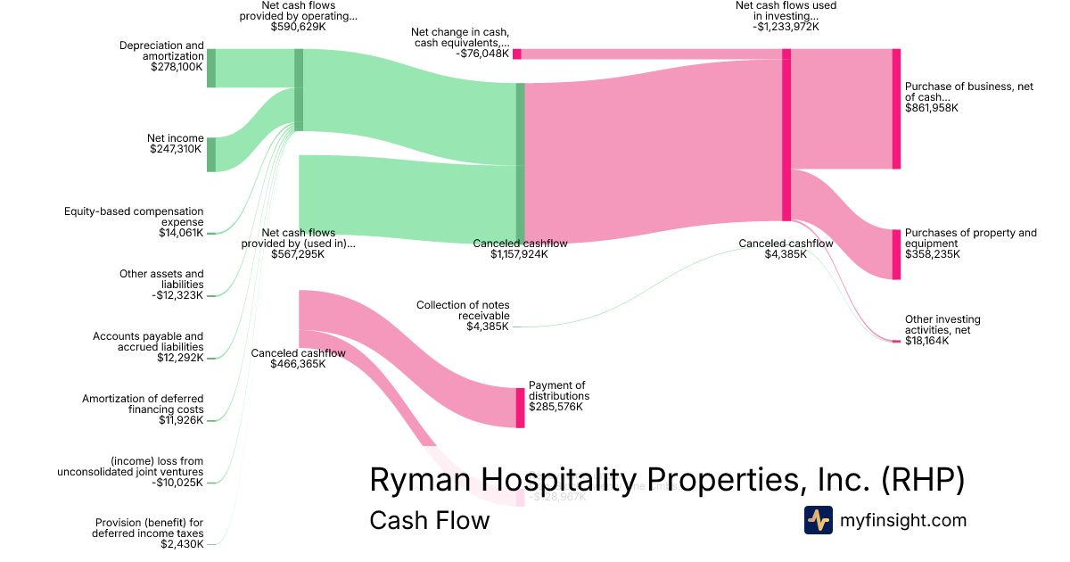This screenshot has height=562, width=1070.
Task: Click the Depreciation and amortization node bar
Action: (211, 69)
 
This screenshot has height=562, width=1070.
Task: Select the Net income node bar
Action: (211, 154)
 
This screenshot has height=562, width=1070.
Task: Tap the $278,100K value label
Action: (177, 67)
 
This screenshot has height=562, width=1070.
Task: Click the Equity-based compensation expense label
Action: (134, 217)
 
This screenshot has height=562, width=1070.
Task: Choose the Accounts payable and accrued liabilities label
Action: (148, 342)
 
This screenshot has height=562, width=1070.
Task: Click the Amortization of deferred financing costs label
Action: (143, 404)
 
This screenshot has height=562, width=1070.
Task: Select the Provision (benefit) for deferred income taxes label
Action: (148, 528)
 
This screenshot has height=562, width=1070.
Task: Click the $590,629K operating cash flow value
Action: (299, 28)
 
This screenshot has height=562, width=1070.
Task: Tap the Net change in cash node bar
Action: (517, 54)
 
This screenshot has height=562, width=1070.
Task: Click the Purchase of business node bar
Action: (896, 109)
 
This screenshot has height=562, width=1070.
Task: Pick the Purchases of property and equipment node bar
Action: (896, 254)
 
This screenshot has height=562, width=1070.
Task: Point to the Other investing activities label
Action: (942, 325)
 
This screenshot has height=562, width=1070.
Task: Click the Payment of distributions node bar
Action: (520, 408)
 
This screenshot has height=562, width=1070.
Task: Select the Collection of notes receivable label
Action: (463, 310)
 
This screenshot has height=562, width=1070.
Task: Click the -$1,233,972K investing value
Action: (786, 27)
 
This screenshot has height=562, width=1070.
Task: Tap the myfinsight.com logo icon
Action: (818, 520)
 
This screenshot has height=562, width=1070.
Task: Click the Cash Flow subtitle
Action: (429, 520)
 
